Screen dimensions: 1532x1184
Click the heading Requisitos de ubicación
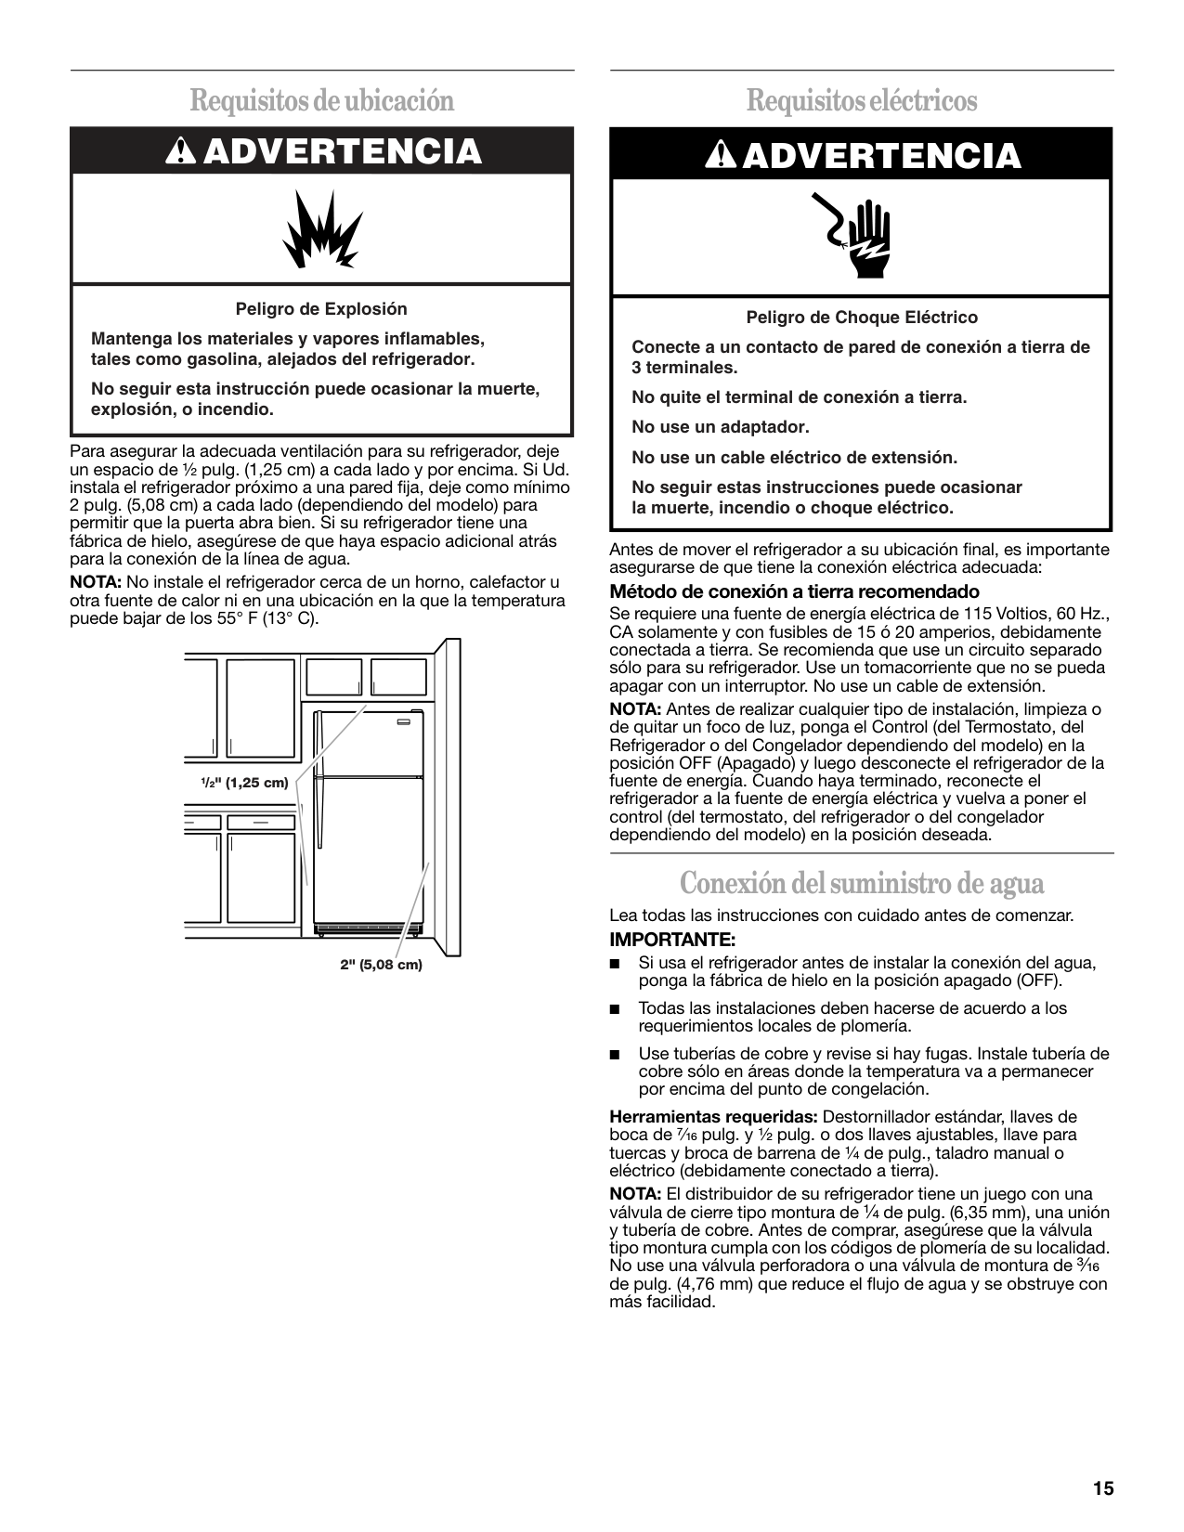(x=322, y=100)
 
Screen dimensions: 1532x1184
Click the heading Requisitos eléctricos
(x=862, y=100)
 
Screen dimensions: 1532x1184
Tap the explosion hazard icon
(x=322, y=228)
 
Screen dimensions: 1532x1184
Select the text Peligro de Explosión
(x=321, y=309)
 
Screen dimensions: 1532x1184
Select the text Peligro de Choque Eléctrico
(x=862, y=318)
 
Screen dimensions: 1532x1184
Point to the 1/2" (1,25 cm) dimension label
(x=245, y=783)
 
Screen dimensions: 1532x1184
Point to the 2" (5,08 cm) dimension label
(x=381, y=965)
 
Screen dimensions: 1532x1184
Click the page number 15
(x=1102, y=1489)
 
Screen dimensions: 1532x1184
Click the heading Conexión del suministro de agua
(x=862, y=883)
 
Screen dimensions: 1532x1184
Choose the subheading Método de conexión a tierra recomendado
(x=794, y=591)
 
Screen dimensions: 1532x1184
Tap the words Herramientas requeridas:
(x=713, y=1117)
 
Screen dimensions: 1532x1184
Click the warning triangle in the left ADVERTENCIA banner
(x=177, y=152)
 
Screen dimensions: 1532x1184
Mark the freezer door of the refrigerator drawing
(x=370, y=743)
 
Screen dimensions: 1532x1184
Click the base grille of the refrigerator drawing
(x=370, y=928)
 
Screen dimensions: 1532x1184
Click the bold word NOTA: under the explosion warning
(x=97, y=583)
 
